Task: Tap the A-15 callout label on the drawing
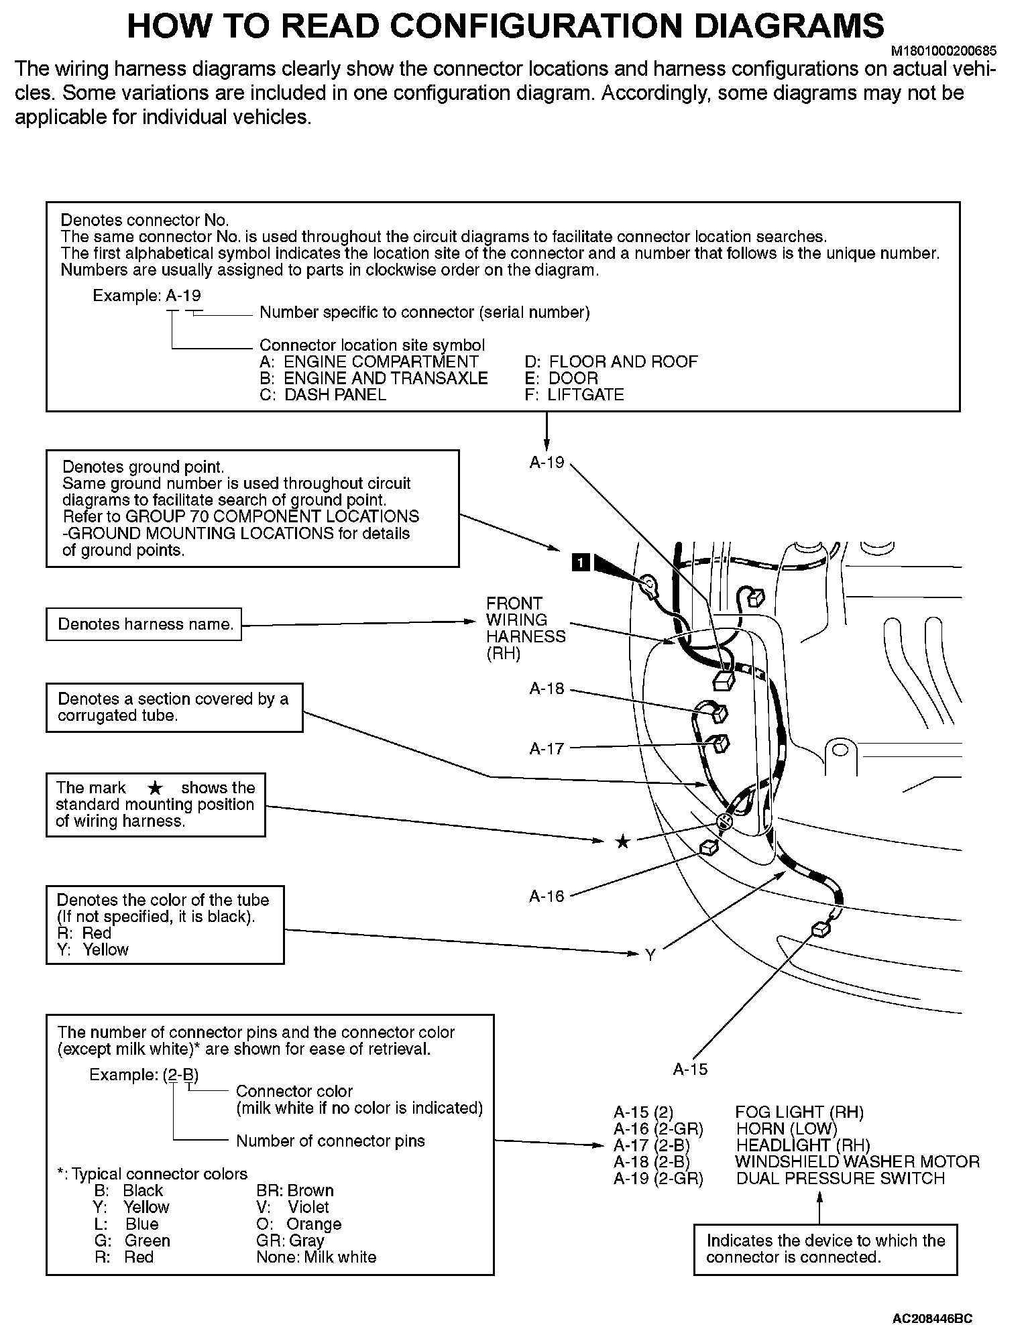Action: [690, 1069]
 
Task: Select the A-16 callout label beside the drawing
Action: [547, 896]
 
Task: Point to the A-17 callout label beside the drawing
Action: [547, 748]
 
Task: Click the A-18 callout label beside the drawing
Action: [547, 689]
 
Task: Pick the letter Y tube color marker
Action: [649, 955]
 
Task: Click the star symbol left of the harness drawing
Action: [622, 842]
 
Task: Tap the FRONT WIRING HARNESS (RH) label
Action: [525, 628]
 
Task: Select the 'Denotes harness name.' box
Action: [144, 624]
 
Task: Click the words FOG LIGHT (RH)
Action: [799, 1112]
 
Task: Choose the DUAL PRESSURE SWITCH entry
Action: [840, 1178]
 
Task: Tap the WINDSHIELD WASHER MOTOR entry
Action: [857, 1161]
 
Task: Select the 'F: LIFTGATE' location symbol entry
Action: [575, 394]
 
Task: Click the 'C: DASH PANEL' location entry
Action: [323, 394]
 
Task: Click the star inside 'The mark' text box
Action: [154, 789]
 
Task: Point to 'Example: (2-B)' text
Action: [144, 1075]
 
